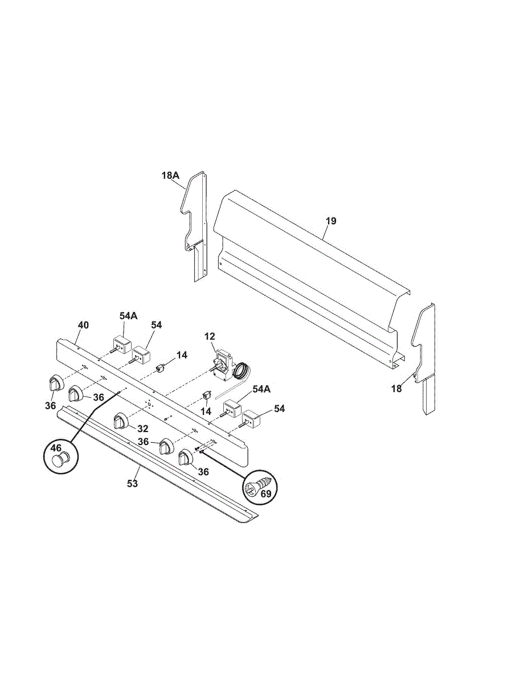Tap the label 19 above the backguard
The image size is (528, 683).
click(331, 221)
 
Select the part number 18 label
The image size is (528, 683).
click(396, 389)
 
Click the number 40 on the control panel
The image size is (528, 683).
click(83, 326)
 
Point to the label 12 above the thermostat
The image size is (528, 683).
click(210, 337)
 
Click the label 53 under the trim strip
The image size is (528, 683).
click(132, 484)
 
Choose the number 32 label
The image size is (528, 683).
click(142, 428)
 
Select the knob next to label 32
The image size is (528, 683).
click(121, 421)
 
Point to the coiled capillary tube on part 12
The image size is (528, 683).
click(240, 373)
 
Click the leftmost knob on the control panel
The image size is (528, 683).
click(54, 383)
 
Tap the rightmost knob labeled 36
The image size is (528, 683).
click(186, 458)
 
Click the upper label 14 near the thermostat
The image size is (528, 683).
click(181, 355)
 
